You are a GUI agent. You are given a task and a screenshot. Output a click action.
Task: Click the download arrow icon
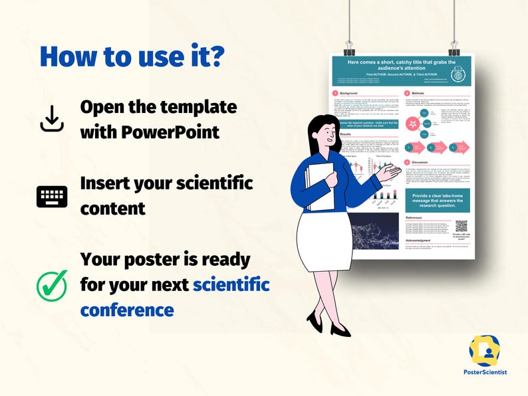[x=52, y=119]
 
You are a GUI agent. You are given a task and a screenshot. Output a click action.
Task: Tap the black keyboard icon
[x=52, y=197]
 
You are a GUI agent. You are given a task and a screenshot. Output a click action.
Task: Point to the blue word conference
[x=127, y=310]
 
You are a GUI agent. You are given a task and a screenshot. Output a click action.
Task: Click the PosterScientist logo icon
[x=484, y=351]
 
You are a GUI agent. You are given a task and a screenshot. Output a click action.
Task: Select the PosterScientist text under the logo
[x=484, y=372]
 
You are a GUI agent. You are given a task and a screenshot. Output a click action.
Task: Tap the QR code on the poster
[x=461, y=227]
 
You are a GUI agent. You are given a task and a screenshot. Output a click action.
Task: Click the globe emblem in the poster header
[x=458, y=75]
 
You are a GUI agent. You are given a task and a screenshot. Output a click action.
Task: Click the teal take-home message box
[x=438, y=200]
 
